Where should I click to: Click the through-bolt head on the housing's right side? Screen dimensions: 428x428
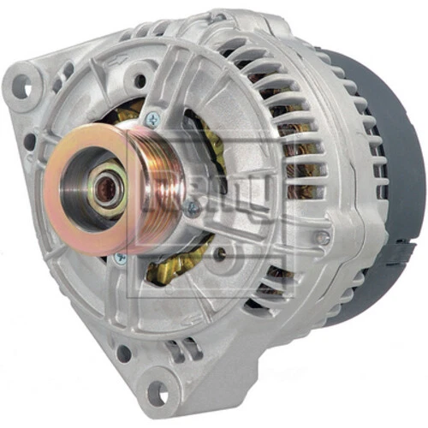(x=321, y=237)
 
